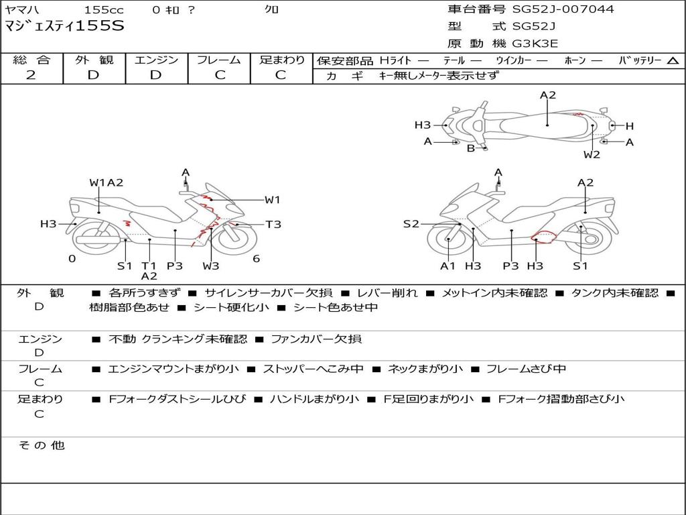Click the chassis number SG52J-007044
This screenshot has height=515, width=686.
click(x=563, y=9)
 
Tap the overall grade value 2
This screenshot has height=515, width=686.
click(x=31, y=75)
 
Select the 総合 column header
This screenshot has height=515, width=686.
click(x=31, y=60)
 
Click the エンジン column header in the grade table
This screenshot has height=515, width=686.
click(x=156, y=60)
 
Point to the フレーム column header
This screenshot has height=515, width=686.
click(x=219, y=60)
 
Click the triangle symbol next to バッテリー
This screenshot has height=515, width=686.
click(x=673, y=61)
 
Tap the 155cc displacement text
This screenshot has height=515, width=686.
click(x=104, y=9)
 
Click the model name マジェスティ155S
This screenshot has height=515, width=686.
click(x=64, y=26)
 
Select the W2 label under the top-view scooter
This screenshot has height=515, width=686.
click(x=592, y=154)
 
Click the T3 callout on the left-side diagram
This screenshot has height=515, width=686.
click(x=273, y=224)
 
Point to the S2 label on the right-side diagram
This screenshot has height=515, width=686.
click(x=411, y=224)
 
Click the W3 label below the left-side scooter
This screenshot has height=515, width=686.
click(x=210, y=266)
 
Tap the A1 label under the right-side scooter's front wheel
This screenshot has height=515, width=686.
click(x=448, y=266)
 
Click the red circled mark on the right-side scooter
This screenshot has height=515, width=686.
click(x=543, y=237)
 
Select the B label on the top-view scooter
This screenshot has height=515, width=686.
click(x=471, y=148)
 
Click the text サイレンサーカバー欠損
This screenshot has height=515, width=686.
click(x=268, y=292)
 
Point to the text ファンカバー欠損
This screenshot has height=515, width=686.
click(x=316, y=339)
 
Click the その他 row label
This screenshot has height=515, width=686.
click(x=41, y=445)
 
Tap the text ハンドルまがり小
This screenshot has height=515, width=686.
click(x=314, y=398)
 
